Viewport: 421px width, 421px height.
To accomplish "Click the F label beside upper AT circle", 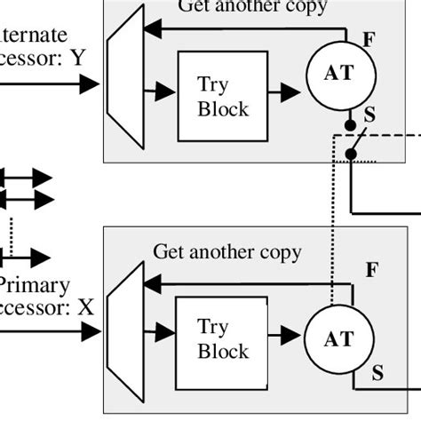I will pos(369,39).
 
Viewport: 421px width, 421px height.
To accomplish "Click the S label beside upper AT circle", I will pos(370,114).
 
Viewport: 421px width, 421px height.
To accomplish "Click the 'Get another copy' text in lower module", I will pos(227,252).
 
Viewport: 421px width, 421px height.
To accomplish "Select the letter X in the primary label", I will pos(85,309).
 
